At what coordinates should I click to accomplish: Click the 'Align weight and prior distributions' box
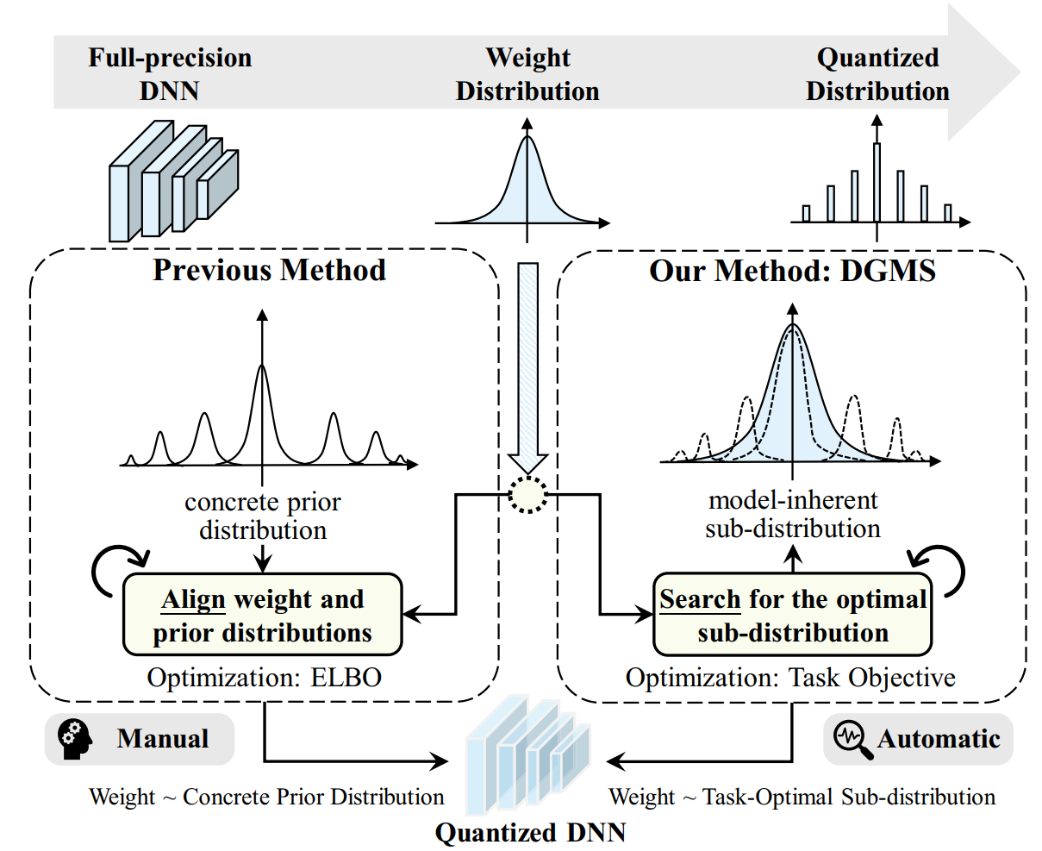click(263, 615)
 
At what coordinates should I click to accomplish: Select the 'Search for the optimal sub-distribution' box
click(792, 615)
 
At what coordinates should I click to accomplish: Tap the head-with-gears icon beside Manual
click(74, 739)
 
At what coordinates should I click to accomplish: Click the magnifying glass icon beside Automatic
click(852, 739)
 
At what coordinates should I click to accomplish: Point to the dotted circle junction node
click(527, 495)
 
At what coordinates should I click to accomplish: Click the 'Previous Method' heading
click(269, 270)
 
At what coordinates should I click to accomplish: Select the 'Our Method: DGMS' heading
click(792, 270)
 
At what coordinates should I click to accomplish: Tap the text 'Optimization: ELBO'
click(264, 678)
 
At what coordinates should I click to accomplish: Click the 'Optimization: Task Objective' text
click(790, 678)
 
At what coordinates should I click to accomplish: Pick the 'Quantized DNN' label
click(530, 833)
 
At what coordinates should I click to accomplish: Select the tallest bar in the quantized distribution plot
click(877, 183)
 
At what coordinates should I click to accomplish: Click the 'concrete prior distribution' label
click(263, 516)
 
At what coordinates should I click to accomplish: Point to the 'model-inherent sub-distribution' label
click(793, 514)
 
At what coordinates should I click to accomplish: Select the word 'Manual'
click(163, 739)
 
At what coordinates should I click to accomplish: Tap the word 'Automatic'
click(939, 739)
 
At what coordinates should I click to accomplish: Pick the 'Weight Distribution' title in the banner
click(527, 74)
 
